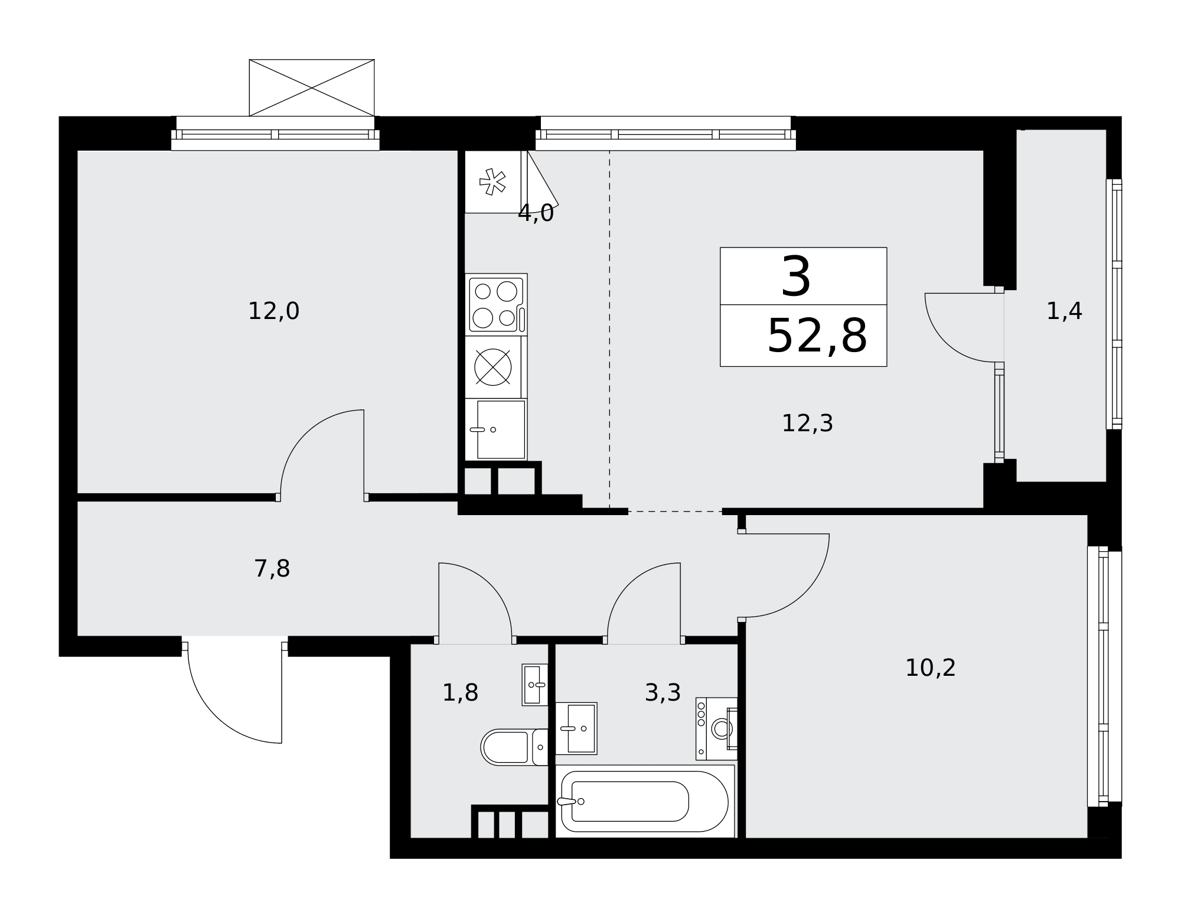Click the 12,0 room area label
273,311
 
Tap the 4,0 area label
536,213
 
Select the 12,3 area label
807,424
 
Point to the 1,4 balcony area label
1064,311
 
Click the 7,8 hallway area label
272,569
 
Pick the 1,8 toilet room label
460,693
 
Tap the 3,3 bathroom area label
663,693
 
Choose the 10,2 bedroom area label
931,668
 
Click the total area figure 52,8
817,336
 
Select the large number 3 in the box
796,277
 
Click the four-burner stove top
496,305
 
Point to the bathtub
645,801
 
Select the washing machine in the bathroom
717,729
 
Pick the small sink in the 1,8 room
535,685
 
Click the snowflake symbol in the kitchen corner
492,182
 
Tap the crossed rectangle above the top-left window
312,87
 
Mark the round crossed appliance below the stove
493,367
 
